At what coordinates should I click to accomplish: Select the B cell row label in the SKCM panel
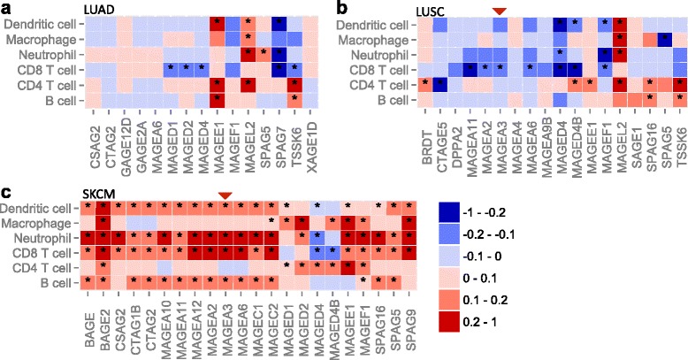52,281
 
